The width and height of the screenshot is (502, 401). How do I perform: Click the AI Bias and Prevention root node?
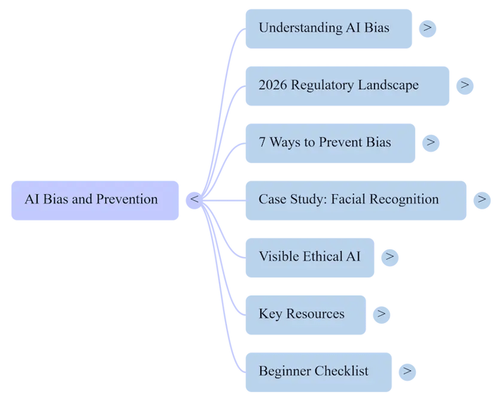pos(95,200)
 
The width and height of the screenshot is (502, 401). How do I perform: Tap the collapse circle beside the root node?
pos(194,200)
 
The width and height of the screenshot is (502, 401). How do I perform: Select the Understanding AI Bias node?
pos(328,28)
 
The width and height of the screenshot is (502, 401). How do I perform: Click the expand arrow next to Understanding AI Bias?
pos(427,28)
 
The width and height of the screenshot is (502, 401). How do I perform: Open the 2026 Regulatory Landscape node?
pos(346,86)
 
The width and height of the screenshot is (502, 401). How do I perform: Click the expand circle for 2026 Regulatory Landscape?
pos(465,86)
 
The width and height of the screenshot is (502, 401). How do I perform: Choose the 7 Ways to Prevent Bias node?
pos(329,143)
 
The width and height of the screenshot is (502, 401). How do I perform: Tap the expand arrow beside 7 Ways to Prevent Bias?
pos(430,143)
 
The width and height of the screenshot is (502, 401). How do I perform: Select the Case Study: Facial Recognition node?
pos(356,200)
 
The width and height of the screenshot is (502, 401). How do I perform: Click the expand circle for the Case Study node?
pos(482,200)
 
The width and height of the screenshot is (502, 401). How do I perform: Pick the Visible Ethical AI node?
pos(310,257)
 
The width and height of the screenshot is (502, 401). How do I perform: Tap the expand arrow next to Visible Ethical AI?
pos(390,257)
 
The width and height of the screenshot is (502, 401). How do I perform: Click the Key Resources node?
pos(305,314)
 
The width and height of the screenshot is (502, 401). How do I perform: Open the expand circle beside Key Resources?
pos(381,314)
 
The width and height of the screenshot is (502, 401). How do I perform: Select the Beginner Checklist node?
pos(318,372)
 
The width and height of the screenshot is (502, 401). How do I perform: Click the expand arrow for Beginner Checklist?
pos(407,372)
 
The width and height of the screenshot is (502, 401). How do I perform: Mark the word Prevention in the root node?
pos(127,200)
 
